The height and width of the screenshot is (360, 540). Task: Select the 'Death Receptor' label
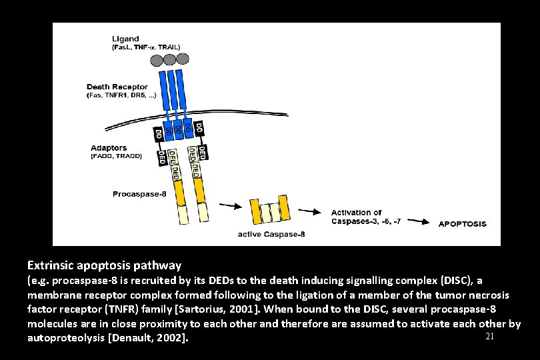(x=117, y=87)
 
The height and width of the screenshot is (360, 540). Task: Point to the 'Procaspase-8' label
(x=139, y=195)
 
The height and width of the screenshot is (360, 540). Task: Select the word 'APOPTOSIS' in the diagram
(x=462, y=224)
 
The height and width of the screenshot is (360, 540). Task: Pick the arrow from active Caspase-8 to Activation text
(x=308, y=211)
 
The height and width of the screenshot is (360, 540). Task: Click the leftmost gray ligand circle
(x=156, y=61)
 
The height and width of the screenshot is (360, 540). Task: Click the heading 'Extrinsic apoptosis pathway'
(x=105, y=265)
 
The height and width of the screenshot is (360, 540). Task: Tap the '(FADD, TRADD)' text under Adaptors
(x=116, y=157)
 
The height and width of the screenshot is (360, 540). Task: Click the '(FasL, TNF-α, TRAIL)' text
(x=145, y=47)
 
